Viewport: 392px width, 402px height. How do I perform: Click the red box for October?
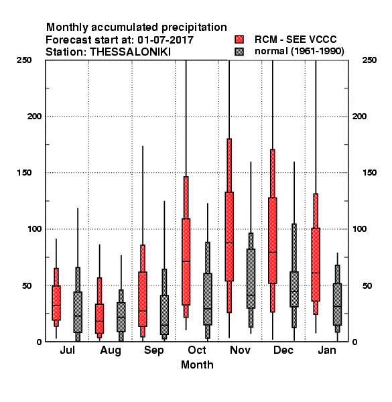186,261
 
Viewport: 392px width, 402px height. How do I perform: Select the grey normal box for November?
251,279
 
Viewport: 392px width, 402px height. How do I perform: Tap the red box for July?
56,303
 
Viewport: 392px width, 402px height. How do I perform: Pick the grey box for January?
338,304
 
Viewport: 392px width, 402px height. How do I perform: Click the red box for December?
273,241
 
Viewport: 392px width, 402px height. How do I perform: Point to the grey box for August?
121,317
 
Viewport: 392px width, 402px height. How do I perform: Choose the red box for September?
143,299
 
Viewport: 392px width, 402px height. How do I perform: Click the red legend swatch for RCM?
239,40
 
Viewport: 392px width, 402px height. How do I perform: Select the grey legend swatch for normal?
239,52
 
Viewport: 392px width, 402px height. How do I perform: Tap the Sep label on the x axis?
154,350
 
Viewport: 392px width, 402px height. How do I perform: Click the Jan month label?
327,350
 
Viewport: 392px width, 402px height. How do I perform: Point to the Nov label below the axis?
240,350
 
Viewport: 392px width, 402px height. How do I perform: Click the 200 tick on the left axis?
34,117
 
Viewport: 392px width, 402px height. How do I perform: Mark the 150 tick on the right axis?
369,173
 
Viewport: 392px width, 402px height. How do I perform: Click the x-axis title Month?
197,365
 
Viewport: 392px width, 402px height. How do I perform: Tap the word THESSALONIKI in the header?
130,52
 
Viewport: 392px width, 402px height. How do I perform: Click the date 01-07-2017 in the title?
166,40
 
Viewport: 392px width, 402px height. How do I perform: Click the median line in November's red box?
229,243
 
